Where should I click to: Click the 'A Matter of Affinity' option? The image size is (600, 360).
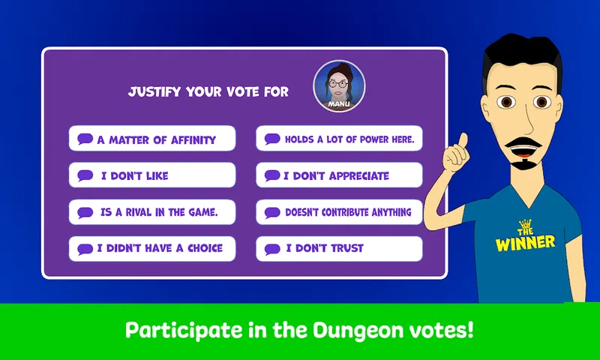152,139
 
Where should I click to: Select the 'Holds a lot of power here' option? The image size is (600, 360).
339,139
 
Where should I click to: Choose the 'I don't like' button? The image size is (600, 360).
152,175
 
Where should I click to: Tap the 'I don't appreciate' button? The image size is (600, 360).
339,175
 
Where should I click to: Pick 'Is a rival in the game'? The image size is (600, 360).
152,212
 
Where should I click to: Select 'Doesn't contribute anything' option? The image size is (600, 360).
339,212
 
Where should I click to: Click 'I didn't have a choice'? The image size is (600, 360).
152,249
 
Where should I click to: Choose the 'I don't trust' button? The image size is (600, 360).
339,249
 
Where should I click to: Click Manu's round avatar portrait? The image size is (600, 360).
339,86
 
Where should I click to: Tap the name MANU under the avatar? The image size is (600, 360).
339,103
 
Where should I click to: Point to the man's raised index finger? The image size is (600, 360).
462,141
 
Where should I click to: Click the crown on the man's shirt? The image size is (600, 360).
526,223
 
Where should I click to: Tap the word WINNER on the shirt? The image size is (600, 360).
525,243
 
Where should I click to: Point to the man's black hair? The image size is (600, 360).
522,53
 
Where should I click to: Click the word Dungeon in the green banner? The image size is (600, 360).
358,330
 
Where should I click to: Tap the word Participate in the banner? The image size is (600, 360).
184,330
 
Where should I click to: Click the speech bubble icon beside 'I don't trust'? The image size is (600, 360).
272,249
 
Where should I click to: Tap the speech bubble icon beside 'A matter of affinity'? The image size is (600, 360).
85,139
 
